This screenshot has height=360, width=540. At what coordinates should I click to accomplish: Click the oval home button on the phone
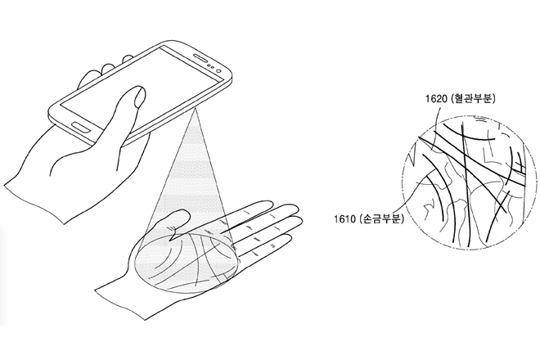pyautogui.click(x=81, y=127)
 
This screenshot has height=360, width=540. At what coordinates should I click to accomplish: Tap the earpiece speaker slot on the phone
pyautogui.click(x=200, y=58)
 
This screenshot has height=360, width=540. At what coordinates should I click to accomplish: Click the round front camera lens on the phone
pyautogui.click(x=219, y=70)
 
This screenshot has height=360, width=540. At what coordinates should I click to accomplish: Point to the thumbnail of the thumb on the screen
pyautogui.click(x=139, y=96)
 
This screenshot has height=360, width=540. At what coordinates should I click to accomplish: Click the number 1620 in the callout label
pyautogui.click(x=435, y=99)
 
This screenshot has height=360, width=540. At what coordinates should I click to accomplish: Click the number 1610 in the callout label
pyautogui.click(x=344, y=218)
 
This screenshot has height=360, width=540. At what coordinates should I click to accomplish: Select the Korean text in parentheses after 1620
pyautogui.click(x=473, y=99)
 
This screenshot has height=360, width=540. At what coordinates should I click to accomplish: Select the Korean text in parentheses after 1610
pyautogui.click(x=380, y=218)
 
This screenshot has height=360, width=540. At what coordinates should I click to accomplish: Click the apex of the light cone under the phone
pyautogui.click(x=195, y=109)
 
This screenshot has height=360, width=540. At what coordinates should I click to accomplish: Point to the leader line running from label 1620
pyautogui.click(x=435, y=124)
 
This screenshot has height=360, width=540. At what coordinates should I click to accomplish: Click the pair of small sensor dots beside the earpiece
pyautogui.click(x=212, y=66)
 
